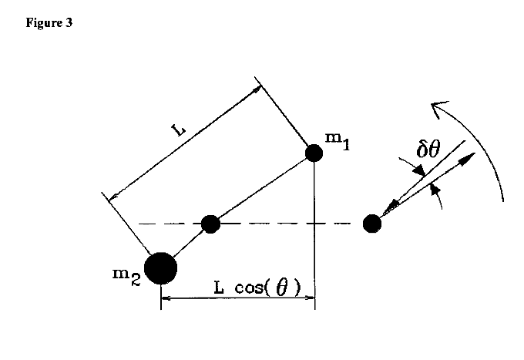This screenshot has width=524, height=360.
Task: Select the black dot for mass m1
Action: [x=314, y=152]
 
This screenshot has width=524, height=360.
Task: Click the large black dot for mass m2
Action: [x=161, y=267]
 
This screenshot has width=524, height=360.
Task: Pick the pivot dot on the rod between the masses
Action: [x=210, y=224]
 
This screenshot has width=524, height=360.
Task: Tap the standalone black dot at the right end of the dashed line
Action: [x=372, y=224]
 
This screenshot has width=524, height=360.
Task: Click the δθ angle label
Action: [x=428, y=146]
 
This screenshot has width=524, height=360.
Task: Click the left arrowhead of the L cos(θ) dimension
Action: [x=165, y=298]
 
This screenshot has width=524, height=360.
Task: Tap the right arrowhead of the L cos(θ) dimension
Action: [x=310, y=298]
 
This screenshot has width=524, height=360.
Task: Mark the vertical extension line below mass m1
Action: [x=314, y=231]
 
